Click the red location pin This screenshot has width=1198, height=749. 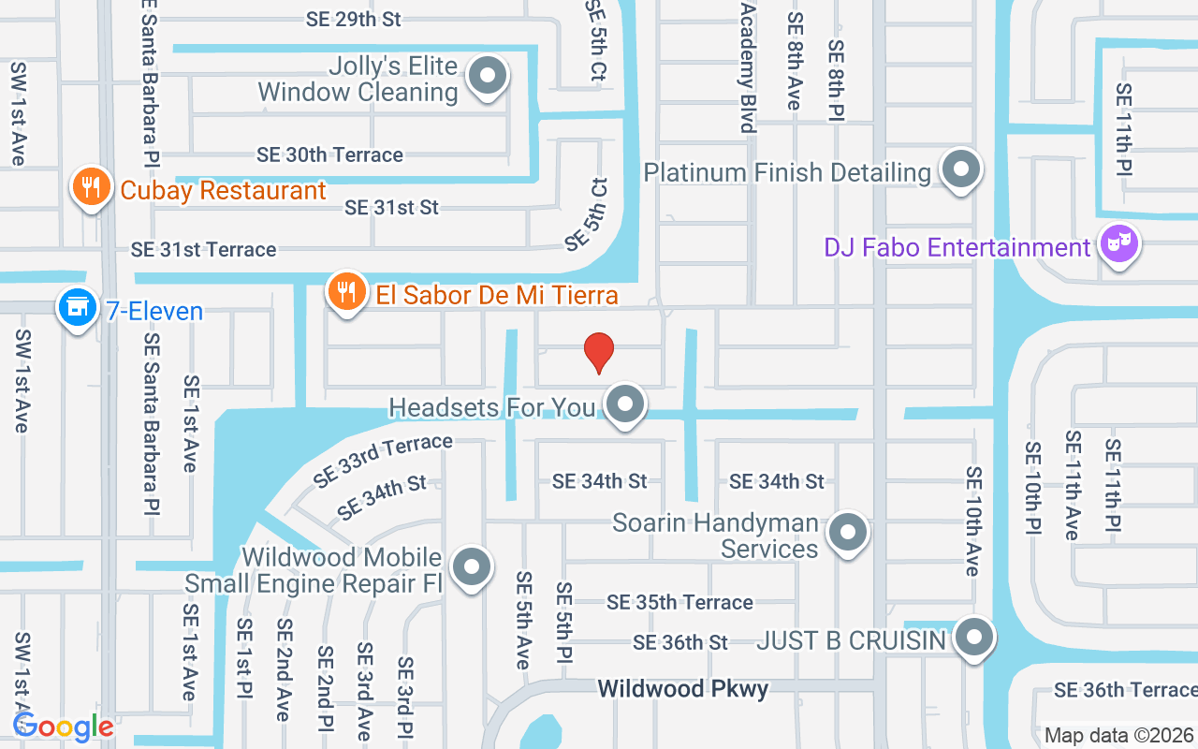click(x=598, y=353)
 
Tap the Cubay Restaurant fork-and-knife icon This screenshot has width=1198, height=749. click(x=91, y=188)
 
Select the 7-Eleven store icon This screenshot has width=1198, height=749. click(x=78, y=307)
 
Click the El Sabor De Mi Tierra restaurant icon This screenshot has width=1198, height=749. click(x=346, y=292)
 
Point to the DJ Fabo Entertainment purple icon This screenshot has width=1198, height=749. click(x=1118, y=245)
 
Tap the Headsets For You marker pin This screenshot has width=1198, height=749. click(x=625, y=405)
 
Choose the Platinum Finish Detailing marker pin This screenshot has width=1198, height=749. click(x=959, y=170)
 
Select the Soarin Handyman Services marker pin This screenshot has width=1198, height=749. click(x=848, y=533)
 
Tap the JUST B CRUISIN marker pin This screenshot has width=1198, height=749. click(x=974, y=638)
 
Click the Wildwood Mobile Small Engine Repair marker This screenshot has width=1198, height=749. click(x=471, y=567)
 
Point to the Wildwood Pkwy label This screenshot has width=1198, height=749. click(x=683, y=689)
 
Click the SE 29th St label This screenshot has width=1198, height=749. click(x=354, y=19)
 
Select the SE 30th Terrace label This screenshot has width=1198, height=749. click(x=329, y=154)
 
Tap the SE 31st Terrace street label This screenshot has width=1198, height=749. click(x=204, y=250)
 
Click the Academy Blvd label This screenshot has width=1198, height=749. click(x=747, y=67)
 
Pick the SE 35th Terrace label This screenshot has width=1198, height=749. click(x=679, y=602)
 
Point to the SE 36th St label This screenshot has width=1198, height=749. click(x=680, y=642)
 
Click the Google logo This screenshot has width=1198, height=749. click(x=64, y=727)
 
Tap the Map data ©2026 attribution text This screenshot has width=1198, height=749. click(x=1119, y=736)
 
